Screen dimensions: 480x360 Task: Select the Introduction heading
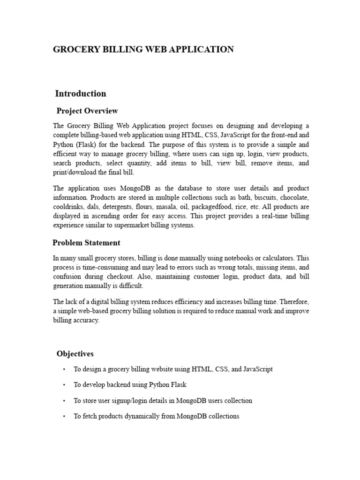81,93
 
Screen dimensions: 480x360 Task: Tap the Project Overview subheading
87,111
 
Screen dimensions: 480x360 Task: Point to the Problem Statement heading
86,243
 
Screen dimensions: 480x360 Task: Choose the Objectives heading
75,353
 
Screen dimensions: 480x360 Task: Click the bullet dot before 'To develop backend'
63,385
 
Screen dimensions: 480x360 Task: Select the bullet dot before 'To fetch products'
63,417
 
